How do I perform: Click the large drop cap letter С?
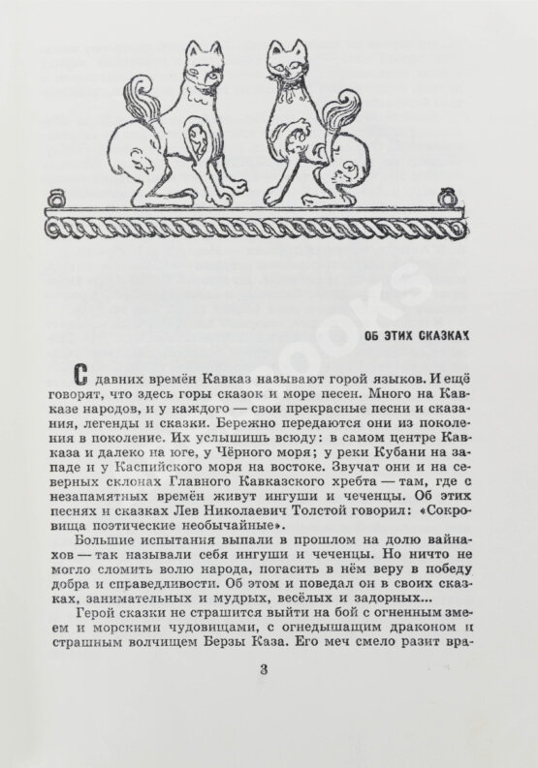(82, 374)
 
